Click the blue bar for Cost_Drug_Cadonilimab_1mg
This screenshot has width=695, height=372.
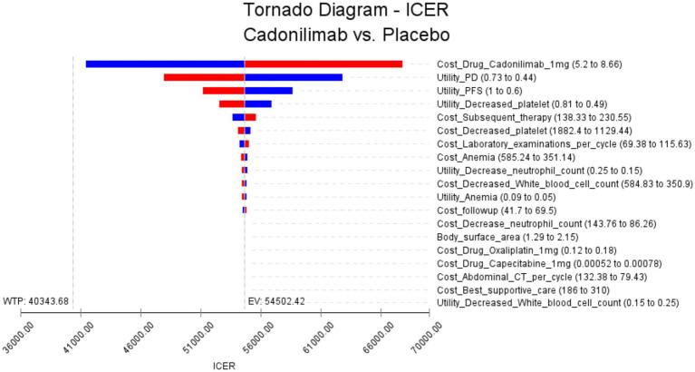pyautogui.click(x=165, y=64)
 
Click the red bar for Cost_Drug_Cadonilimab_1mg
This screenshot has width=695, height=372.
pyautogui.click(x=323, y=64)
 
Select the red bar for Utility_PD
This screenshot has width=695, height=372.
pyautogui.click(x=204, y=78)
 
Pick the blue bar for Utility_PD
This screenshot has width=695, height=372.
pyautogui.click(x=294, y=78)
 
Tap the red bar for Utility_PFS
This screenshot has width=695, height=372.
pyautogui.click(x=224, y=92)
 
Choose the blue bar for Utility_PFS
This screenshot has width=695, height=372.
pyautogui.click(x=268, y=92)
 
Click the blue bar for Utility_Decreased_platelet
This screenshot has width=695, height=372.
pyautogui.click(x=258, y=104)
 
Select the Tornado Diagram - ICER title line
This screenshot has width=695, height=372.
pyautogui.click(x=347, y=12)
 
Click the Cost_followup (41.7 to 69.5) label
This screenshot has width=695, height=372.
pyautogui.click(x=505, y=210)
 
